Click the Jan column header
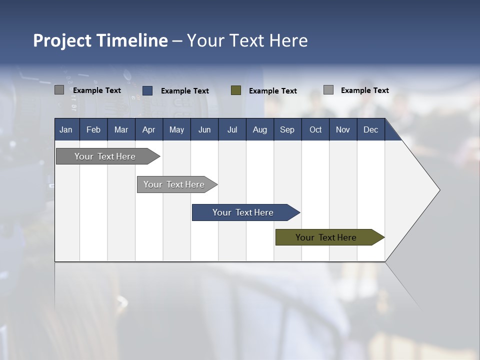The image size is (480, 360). click(x=66, y=129)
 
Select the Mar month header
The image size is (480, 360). click(x=121, y=129)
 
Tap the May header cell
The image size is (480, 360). click(x=176, y=129)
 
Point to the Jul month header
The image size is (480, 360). click(x=232, y=129)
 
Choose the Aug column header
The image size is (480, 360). click(x=259, y=129)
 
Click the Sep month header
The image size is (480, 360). click(x=287, y=129)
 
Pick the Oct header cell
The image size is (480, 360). click(x=315, y=129)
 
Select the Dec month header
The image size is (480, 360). click(x=370, y=129)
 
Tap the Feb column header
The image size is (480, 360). click(x=93, y=129)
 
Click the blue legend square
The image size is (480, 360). click(x=147, y=90)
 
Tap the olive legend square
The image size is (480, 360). click(x=236, y=90)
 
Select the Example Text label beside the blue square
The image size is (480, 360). click(x=184, y=91)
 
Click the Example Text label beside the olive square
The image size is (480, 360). click(x=272, y=91)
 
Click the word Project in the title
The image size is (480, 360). click(x=62, y=40)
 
